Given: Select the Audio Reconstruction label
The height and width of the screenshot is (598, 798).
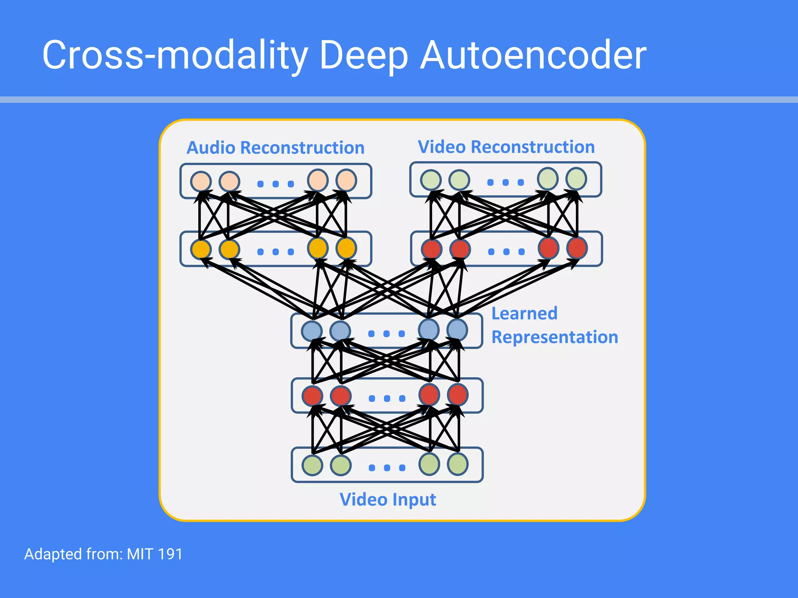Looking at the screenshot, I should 275,148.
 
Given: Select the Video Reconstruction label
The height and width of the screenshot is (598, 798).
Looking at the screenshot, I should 506,147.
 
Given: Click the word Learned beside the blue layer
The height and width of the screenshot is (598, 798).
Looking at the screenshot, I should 524,313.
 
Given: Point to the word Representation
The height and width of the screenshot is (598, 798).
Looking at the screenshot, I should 554,337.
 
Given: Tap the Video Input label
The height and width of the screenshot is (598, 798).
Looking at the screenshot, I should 387,500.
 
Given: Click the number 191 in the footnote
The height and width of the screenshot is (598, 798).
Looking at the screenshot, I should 170,554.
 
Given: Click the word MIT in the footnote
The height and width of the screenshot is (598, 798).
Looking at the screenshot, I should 140,554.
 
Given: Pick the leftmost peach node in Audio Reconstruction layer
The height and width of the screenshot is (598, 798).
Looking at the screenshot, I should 201,181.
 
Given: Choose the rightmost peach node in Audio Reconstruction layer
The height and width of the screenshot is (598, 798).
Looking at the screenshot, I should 346,180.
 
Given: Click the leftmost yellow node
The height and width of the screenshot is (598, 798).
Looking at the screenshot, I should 201,249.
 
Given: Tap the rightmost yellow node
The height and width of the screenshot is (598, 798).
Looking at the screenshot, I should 346,248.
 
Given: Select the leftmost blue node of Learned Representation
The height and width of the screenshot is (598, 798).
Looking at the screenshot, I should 312,331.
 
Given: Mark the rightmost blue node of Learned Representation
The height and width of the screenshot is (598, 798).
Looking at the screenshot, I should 457,330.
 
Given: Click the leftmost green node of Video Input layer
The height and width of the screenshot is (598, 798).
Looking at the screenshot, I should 312,465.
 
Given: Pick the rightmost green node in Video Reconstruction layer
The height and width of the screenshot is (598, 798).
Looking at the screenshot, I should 576,179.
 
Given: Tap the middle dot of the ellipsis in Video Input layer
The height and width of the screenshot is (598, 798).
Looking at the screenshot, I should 387,468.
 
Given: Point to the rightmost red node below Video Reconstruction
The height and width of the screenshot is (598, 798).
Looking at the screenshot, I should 577,248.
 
